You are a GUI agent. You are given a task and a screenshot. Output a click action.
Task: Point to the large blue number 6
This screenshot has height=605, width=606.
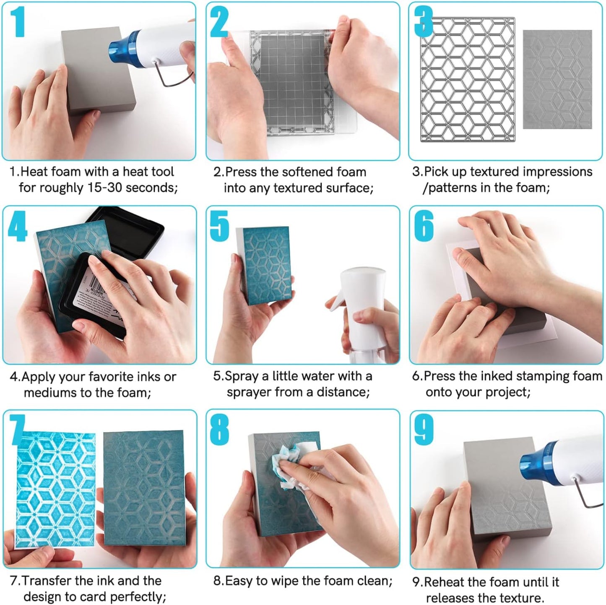[x=424, y=226]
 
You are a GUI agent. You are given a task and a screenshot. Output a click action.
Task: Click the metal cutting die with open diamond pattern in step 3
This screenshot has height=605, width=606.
[x=468, y=80]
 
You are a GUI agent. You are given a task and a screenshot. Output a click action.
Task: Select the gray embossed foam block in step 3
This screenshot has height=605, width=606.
[x=557, y=80]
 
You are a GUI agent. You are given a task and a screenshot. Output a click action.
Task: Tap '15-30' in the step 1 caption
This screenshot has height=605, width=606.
[x=105, y=188]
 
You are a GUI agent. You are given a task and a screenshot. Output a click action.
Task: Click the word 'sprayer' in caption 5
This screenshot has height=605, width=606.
[x=247, y=392]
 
